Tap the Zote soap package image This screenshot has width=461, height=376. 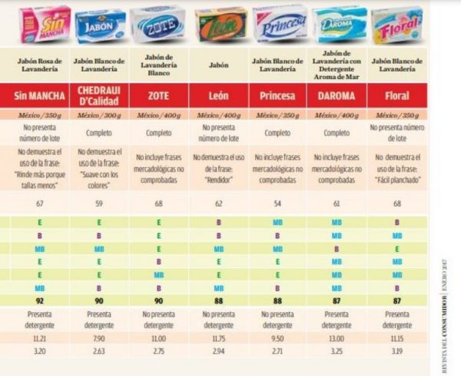(158, 24)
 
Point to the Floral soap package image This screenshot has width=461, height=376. (396, 25)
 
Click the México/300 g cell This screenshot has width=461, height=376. (100, 114)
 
